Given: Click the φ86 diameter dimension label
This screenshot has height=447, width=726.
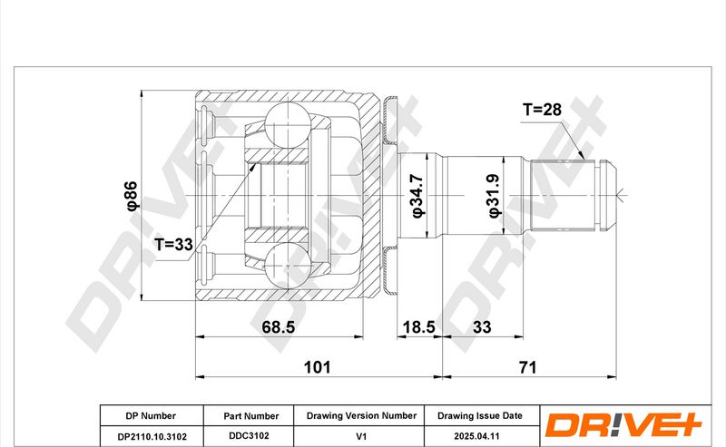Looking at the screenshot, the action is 132,196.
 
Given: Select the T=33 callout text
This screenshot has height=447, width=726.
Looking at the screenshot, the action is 173,244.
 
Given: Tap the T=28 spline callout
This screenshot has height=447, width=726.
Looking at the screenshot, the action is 542,110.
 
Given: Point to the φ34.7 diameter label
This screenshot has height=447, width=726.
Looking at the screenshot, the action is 417,196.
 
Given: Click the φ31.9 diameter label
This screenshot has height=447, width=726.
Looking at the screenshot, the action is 494,196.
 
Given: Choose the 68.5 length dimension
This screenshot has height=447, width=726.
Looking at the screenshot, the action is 279,327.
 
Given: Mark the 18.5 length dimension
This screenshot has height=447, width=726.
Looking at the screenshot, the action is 419,327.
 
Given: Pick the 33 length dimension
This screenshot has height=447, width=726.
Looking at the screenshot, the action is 482,327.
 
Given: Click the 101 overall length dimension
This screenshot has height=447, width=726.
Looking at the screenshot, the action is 317,367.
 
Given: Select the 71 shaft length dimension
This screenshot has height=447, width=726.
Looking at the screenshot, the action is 528,367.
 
